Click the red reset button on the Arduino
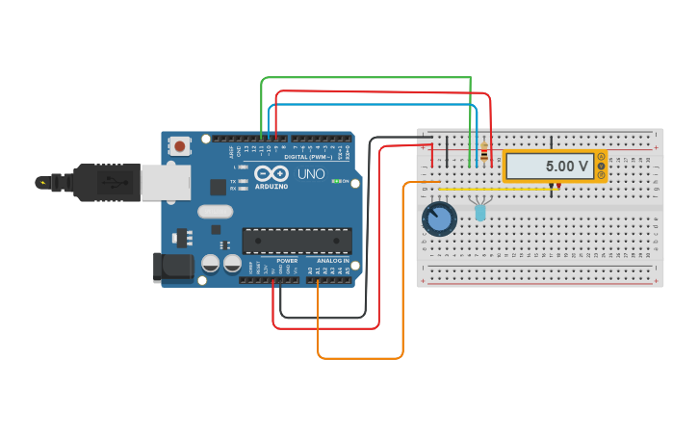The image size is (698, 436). click(x=179, y=146)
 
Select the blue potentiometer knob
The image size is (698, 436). click(x=439, y=218)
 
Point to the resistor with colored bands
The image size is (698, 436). click(x=483, y=152)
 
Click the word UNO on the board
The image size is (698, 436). click(x=311, y=174)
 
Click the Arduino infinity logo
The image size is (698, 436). click(x=271, y=173)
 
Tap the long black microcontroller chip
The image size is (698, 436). click(x=297, y=241)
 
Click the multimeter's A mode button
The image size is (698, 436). click(x=601, y=157)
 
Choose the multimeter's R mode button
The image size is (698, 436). click(x=601, y=176)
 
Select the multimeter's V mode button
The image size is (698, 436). click(x=601, y=167)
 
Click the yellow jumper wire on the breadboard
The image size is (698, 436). click(x=510, y=189)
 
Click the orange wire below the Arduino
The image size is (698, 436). click(x=360, y=358)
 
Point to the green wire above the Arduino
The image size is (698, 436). click(x=366, y=78)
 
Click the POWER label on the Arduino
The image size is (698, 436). click(x=287, y=261)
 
